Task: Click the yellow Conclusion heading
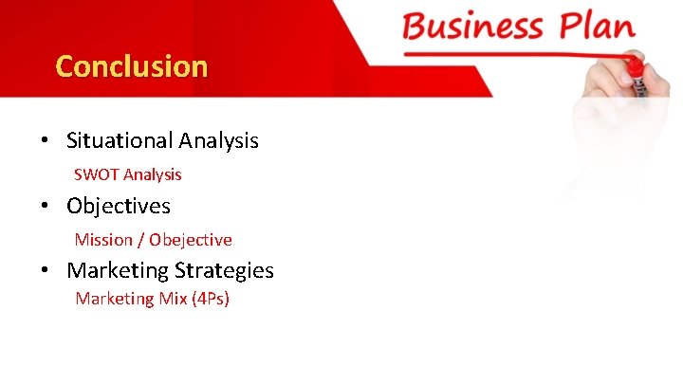131,66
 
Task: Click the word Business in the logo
473,25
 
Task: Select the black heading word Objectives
119,206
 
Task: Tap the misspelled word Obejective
191,240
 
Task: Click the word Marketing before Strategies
118,270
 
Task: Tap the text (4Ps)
211,299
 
